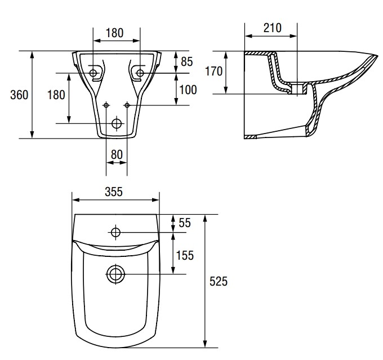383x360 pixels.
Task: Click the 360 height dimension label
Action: [x=19, y=95]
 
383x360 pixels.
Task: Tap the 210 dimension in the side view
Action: [x=273, y=28]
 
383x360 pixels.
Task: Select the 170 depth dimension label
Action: [x=213, y=72]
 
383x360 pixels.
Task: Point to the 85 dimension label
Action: [x=187, y=61]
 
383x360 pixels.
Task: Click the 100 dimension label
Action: [x=188, y=90]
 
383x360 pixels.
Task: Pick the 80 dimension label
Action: [x=117, y=154]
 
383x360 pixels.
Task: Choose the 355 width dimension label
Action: [x=114, y=192]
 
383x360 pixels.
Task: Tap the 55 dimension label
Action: [x=185, y=223]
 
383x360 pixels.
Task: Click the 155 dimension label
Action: [x=185, y=255]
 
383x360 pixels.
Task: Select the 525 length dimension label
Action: [x=219, y=281]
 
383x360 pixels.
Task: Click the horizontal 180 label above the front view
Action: [x=114, y=33]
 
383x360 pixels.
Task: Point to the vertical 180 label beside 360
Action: [x=56, y=95]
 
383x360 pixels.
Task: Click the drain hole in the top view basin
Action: [x=116, y=274]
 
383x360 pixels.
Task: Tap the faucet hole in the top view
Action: [x=115, y=232]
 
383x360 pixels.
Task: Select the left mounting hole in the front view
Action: [x=93, y=73]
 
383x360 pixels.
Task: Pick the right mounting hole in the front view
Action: [x=140, y=73]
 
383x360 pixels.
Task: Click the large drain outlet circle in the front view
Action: [x=117, y=123]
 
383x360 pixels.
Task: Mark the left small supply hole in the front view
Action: [x=106, y=105]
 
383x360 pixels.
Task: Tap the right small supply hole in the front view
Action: [x=127, y=105]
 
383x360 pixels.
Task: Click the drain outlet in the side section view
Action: [x=297, y=89]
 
